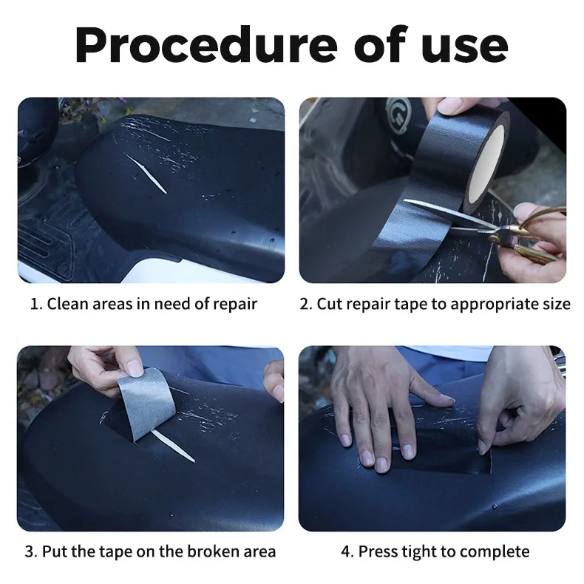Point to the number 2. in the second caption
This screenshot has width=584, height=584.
(x=306, y=304)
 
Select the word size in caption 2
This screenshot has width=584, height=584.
(x=553, y=304)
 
